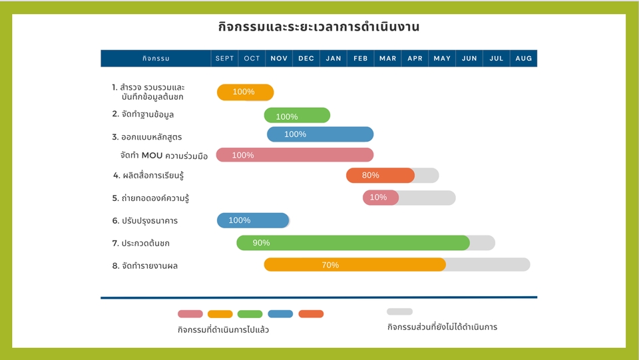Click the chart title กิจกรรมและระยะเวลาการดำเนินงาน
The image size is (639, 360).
click(x=319, y=27)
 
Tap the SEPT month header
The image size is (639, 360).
click(x=225, y=59)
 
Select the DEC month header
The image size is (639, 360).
click(x=306, y=59)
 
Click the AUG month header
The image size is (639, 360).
click(x=524, y=59)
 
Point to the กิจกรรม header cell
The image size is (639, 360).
click(x=156, y=59)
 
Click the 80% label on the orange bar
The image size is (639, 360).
click(x=370, y=176)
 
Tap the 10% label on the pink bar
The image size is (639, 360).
click(x=378, y=198)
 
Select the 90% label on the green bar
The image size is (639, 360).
click(x=261, y=243)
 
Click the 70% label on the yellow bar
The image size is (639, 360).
click(x=330, y=265)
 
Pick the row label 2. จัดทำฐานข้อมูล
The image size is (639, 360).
click(x=143, y=114)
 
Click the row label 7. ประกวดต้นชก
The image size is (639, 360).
click(x=140, y=244)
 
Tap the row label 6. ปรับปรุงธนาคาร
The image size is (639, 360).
click(x=144, y=221)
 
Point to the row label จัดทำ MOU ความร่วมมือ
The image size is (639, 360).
click(x=164, y=156)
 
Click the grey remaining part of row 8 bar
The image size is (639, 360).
click(x=488, y=265)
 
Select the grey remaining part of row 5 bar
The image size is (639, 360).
click(x=427, y=198)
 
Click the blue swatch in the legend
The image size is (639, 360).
click(x=280, y=314)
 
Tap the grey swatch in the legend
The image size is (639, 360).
click(x=399, y=311)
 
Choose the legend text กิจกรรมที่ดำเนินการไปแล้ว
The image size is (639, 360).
click(x=223, y=329)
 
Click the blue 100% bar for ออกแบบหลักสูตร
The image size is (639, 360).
click(x=320, y=134)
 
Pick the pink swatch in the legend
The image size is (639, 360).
click(x=190, y=314)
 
